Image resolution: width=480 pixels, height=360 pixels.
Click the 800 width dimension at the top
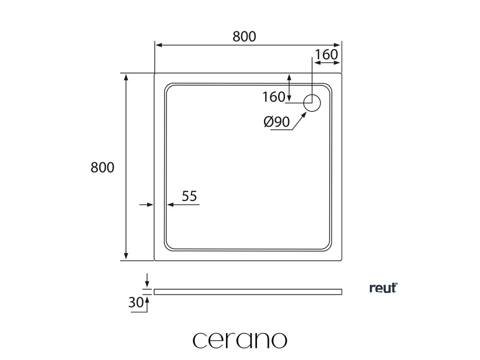coord(244,37)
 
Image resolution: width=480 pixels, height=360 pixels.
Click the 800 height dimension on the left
coord(102,167)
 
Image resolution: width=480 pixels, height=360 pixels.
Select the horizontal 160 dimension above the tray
coord(326,55)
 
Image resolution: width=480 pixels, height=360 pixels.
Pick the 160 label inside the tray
coord(274,97)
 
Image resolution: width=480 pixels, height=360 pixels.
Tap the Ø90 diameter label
coord(276,122)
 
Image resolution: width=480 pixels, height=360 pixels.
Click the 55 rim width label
coord(189,196)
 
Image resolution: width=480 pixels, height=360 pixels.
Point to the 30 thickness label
coord(135,303)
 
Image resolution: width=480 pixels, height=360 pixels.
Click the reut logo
coord(383,288)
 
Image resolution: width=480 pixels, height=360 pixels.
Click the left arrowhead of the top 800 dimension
coord(159,45)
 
